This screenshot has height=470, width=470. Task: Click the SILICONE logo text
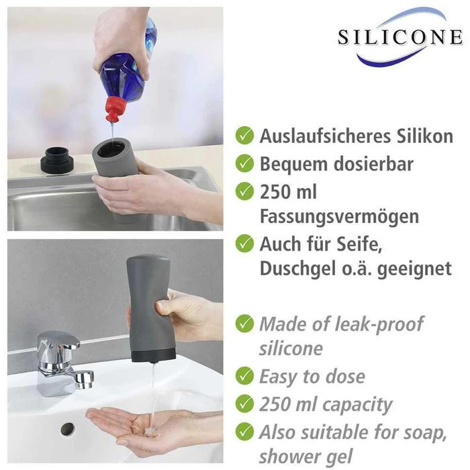pos(399,36)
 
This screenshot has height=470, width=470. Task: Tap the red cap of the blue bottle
pos(115,107)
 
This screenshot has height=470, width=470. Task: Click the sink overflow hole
pos(67,428)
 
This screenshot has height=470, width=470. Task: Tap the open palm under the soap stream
pos(134,426)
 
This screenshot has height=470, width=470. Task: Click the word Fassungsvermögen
pos(338,216)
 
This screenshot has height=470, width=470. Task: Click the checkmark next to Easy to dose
pos(244,376)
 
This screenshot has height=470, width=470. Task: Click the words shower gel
pos(306,456)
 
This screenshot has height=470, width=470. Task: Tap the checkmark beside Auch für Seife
pos(244,243)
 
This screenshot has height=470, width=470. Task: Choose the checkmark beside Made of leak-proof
pos(244,324)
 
